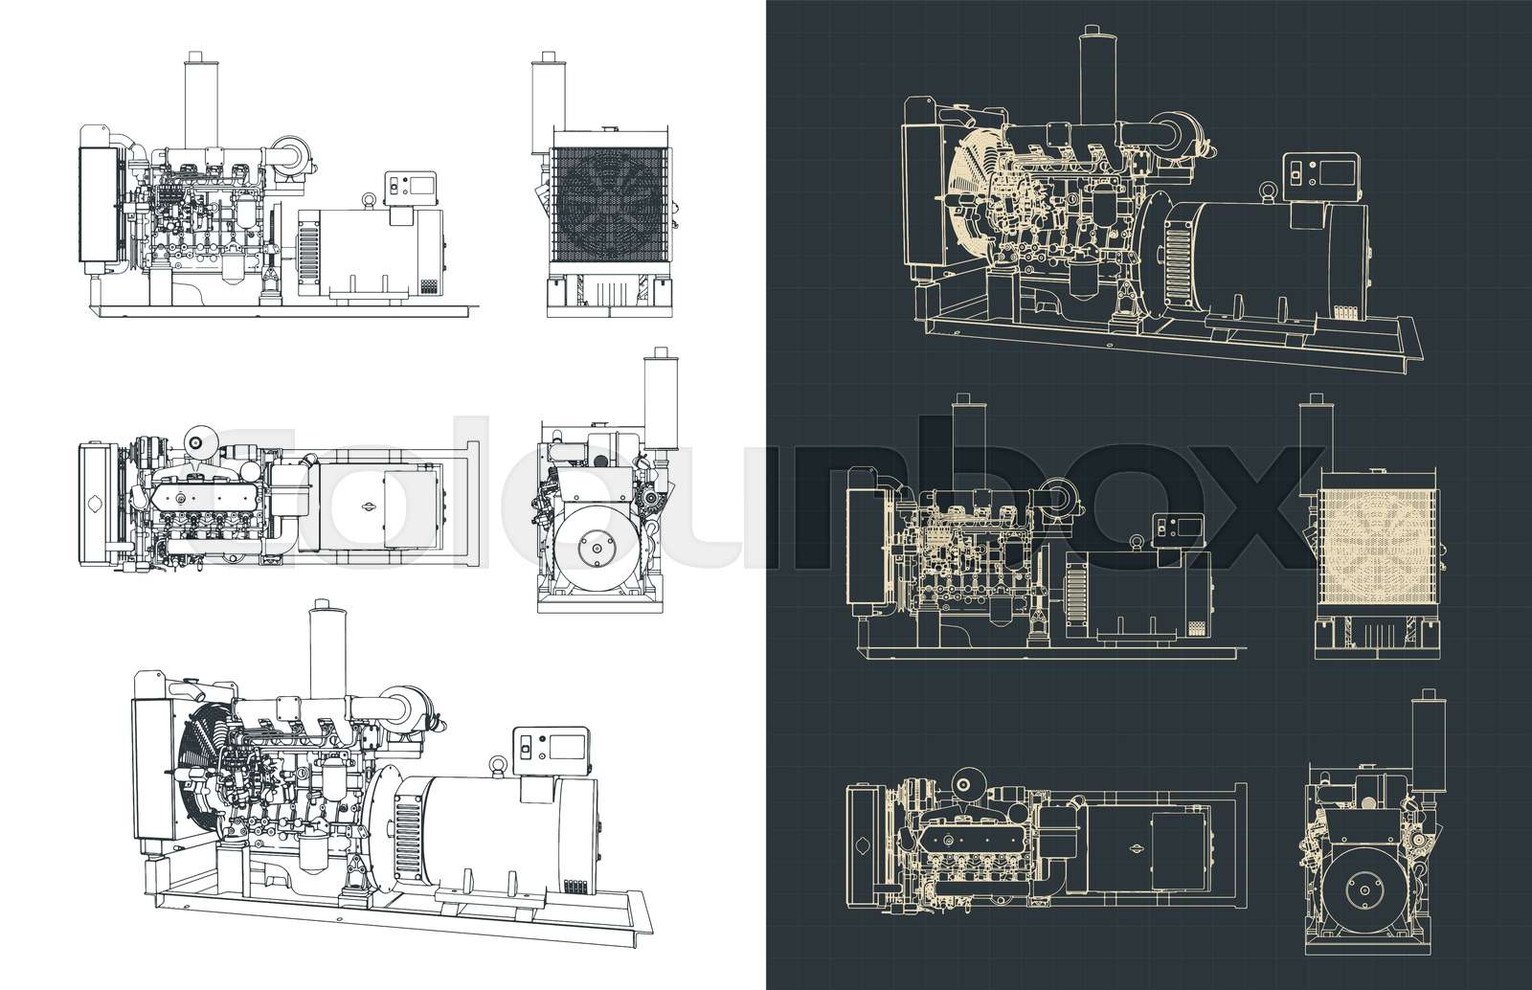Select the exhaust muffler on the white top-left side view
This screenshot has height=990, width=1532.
coord(195,101)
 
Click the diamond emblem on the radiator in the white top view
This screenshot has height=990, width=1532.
coord(96,505)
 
